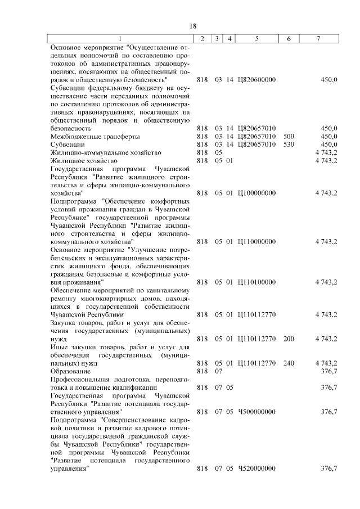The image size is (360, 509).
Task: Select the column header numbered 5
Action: [x=256, y=39]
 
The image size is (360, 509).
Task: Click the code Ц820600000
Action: [x=257, y=80]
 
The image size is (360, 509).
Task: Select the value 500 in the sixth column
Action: [x=289, y=136]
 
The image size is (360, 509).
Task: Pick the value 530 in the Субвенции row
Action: [x=289, y=145]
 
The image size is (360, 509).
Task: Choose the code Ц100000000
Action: [x=257, y=193]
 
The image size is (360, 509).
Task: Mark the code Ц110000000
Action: [x=257, y=241]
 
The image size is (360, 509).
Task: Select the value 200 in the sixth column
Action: [x=289, y=339]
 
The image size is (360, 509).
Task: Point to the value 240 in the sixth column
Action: [x=289, y=363]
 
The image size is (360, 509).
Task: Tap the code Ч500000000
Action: [x=257, y=412]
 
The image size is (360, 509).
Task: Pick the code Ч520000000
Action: [x=257, y=469]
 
